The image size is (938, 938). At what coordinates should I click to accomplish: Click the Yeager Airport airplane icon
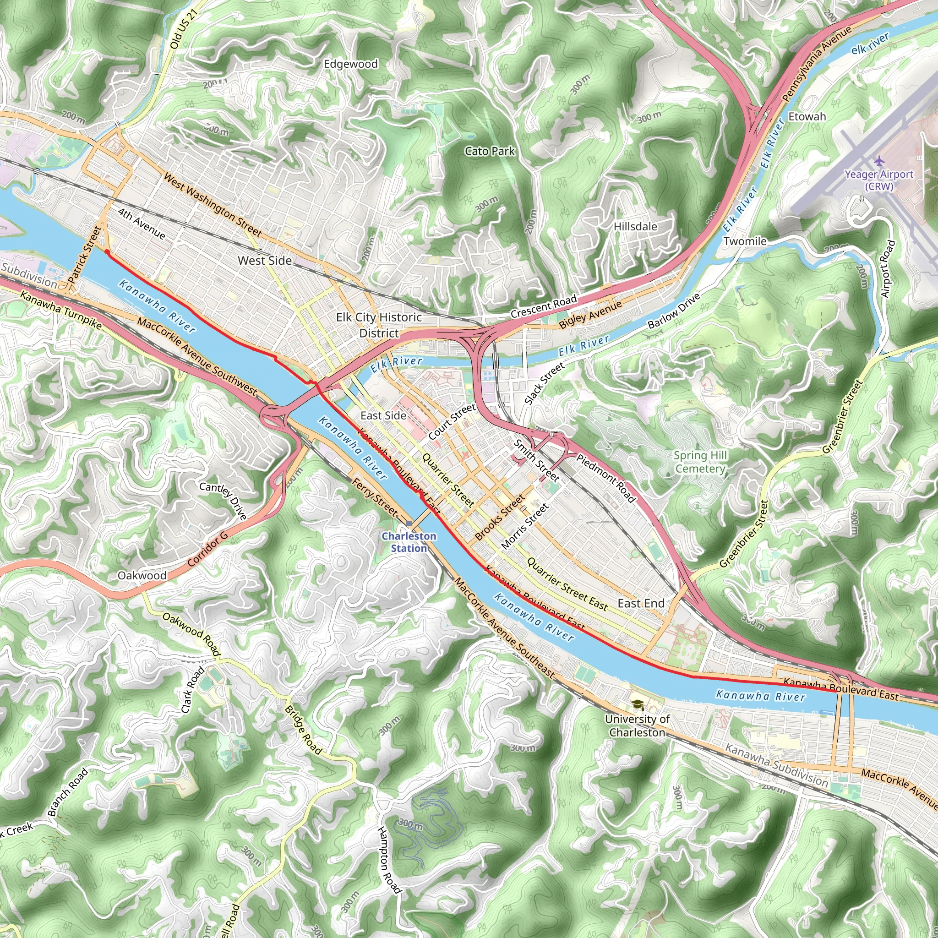879,160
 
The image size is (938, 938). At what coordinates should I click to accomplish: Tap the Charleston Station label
409,542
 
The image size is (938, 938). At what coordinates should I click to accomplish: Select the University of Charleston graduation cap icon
637,704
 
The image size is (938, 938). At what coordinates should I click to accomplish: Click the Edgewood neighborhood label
350,64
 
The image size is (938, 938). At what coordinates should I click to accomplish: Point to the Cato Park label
490,152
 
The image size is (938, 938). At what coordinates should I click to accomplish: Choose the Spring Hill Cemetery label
700,462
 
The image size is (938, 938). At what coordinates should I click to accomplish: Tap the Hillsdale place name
635,227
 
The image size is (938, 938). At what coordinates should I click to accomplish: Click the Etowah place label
807,116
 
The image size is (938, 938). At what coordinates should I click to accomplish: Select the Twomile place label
745,241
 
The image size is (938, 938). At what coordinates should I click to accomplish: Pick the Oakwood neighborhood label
142,575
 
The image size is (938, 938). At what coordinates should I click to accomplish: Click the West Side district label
265,261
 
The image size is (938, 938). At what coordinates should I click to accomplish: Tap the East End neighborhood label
641,603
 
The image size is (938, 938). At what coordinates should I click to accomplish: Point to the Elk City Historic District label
379,325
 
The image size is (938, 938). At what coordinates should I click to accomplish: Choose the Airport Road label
887,268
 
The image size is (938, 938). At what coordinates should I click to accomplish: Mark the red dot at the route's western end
107,251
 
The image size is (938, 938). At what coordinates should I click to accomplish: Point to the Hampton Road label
389,860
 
